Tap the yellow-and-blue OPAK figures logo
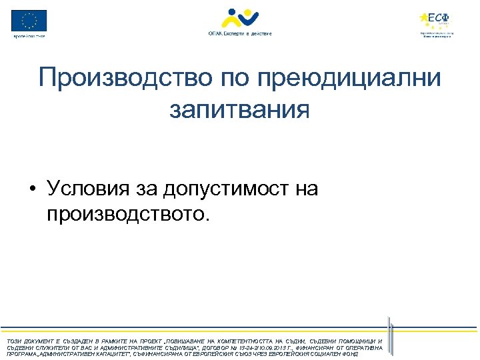coord(240,18)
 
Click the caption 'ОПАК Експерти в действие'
coord(240,33)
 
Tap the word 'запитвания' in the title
coord(239,109)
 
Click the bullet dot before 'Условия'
coord(32,190)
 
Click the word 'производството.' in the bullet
coord(128,215)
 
